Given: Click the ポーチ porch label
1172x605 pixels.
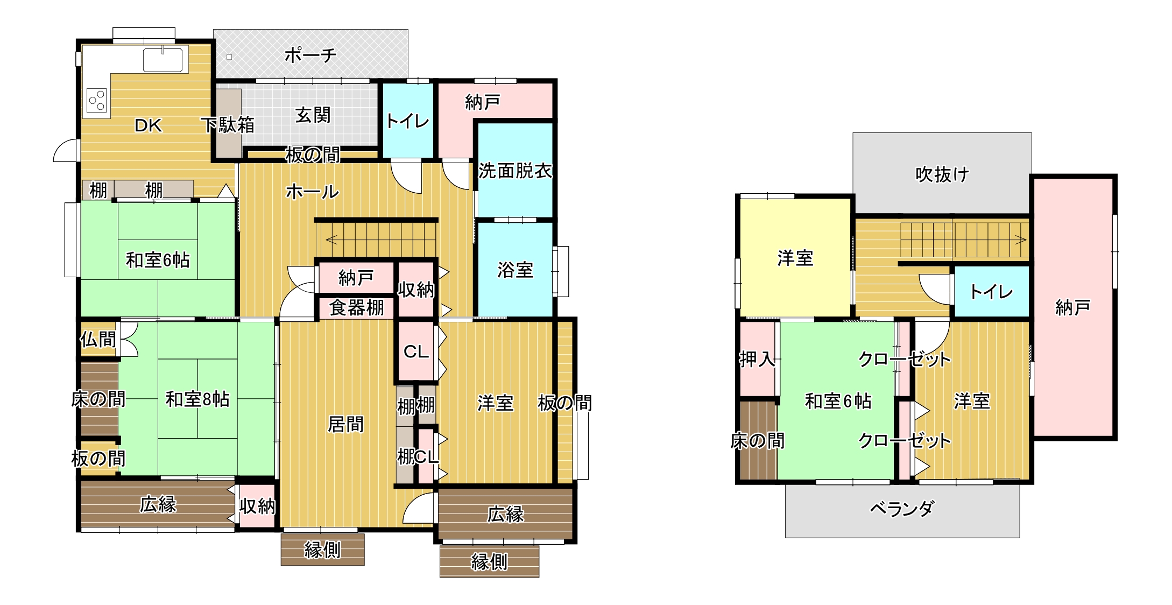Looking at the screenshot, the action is (310, 55).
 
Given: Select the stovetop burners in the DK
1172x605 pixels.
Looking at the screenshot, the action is (97, 101).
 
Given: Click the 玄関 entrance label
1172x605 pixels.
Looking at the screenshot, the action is (313, 115).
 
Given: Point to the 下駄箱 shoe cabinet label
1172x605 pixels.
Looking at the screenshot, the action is (228, 125).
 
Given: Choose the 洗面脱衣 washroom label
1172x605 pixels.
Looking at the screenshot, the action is (515, 171).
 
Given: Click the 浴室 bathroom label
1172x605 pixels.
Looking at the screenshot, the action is (515, 270).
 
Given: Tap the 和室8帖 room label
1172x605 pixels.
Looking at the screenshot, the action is (197, 399).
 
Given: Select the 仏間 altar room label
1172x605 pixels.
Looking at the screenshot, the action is (98, 339).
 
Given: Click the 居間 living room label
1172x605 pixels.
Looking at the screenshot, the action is (345, 424).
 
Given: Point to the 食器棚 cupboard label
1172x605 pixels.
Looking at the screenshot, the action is (356, 307).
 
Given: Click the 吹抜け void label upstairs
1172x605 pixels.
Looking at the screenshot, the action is (942, 174).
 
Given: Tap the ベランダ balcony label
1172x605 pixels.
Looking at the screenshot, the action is (902, 508).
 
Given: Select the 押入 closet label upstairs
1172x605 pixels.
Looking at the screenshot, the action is (757, 359).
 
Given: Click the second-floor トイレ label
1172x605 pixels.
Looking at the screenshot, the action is (991, 292).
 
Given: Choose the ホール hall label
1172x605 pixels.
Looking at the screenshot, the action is (312, 192).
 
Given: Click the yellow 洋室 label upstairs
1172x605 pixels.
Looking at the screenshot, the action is (795, 258).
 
